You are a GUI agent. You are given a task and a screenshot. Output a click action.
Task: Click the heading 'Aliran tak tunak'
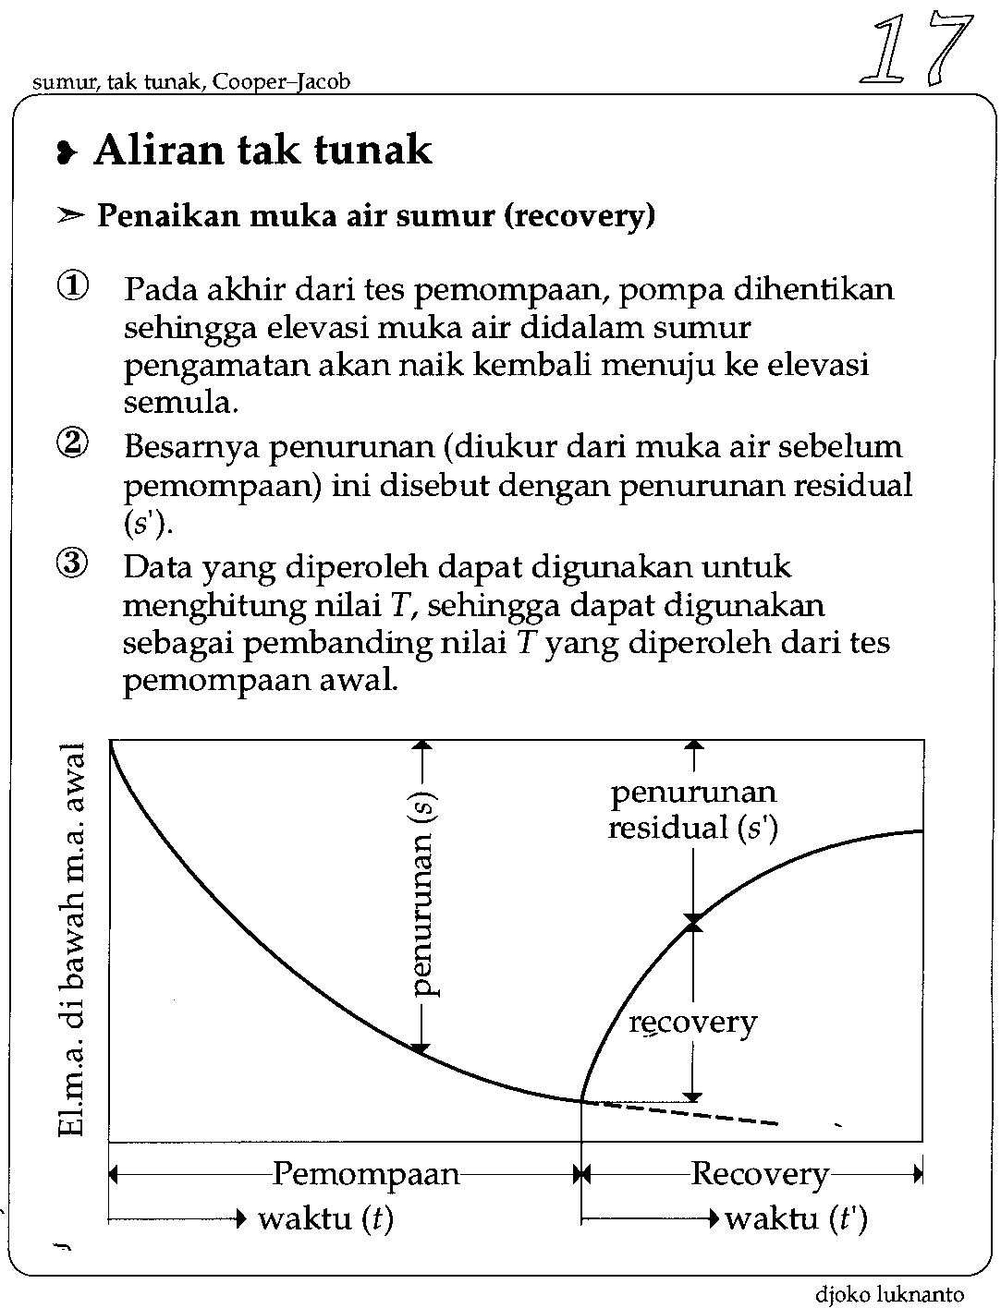[262, 150]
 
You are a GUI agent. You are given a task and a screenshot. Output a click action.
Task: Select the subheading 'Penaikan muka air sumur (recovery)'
[375, 216]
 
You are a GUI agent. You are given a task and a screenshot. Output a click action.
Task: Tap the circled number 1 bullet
[73, 288]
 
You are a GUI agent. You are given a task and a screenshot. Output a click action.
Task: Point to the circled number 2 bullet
[73, 445]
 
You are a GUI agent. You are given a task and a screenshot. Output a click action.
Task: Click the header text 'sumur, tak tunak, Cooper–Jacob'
[191, 82]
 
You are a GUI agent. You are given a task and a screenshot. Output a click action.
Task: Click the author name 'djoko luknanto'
[889, 1294]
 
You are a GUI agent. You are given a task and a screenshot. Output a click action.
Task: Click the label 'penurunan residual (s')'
[693, 810]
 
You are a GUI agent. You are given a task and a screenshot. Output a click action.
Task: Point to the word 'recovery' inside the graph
[692, 1022]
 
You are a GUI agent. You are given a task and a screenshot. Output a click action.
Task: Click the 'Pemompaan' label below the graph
[366, 1174]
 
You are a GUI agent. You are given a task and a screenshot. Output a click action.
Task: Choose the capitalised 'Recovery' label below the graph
[760, 1174]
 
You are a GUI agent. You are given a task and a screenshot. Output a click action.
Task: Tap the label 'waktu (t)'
[325, 1219]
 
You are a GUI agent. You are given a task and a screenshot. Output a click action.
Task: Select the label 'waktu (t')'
[796, 1219]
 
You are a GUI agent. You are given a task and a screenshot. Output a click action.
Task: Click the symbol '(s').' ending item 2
[148, 524]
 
